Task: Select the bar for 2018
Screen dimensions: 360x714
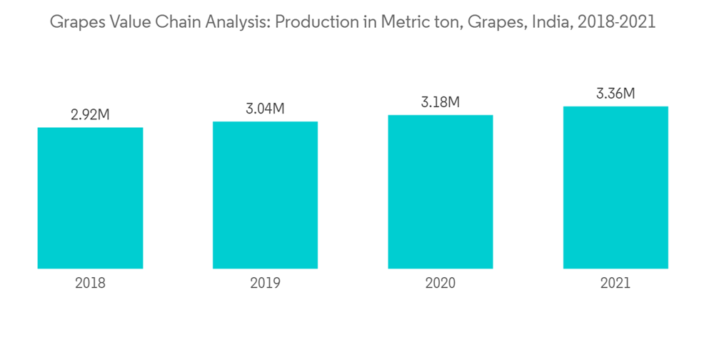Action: [90, 198]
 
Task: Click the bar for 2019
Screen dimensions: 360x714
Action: [265, 195]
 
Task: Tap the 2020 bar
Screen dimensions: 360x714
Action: [440, 191]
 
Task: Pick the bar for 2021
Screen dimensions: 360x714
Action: [615, 187]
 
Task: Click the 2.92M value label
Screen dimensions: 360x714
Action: [90, 115]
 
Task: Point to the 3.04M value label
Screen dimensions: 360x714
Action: [265, 109]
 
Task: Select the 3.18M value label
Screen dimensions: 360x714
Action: [440, 102]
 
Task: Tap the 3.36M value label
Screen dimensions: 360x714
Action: [615, 94]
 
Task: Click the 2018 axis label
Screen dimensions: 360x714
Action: [90, 283]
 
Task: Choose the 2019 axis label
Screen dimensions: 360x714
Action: [265, 283]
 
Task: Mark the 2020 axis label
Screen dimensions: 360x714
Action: [440, 283]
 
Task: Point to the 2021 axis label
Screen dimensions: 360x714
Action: [615, 283]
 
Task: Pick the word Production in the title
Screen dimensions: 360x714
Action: [313, 23]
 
